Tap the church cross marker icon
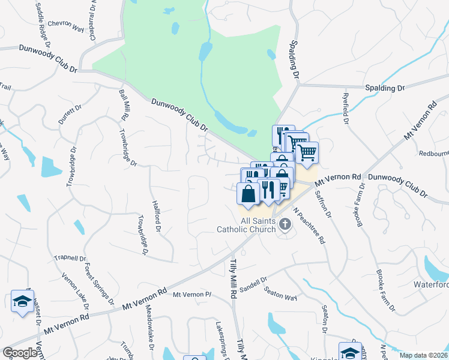click(285, 225)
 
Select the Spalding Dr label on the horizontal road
click(385, 88)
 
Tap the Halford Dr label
click(157, 216)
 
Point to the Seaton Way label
click(282, 293)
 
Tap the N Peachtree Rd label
click(310, 225)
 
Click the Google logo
click(20, 353)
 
